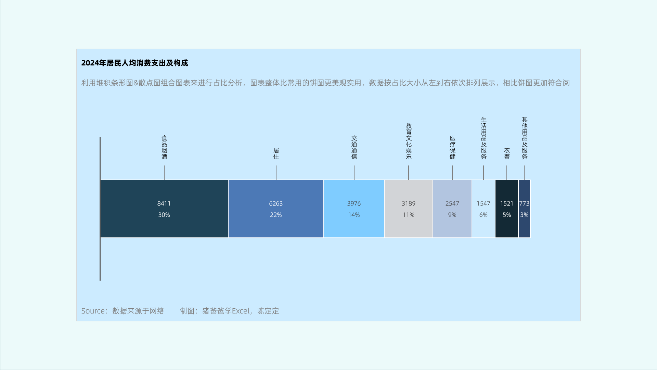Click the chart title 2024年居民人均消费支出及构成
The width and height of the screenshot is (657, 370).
[x=134, y=63]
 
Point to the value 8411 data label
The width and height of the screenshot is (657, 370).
[x=164, y=203]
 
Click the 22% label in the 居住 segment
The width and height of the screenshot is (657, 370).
[x=276, y=215]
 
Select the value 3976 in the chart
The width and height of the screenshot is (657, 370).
[x=354, y=203]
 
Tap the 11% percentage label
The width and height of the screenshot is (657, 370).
[x=408, y=215]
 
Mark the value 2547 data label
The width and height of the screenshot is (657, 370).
[x=452, y=203]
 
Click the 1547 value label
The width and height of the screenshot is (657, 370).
[x=483, y=203]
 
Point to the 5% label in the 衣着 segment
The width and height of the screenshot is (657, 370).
[x=507, y=215]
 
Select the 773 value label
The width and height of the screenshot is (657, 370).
[x=524, y=203]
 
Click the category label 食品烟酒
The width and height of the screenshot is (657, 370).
[x=164, y=147]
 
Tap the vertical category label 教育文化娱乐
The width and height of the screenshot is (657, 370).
[x=409, y=141]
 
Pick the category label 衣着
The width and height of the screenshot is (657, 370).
[x=507, y=153]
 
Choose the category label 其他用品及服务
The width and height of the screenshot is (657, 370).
[x=525, y=138]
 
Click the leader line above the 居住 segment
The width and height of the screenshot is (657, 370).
[x=276, y=173]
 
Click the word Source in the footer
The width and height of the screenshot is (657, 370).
[x=93, y=311]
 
